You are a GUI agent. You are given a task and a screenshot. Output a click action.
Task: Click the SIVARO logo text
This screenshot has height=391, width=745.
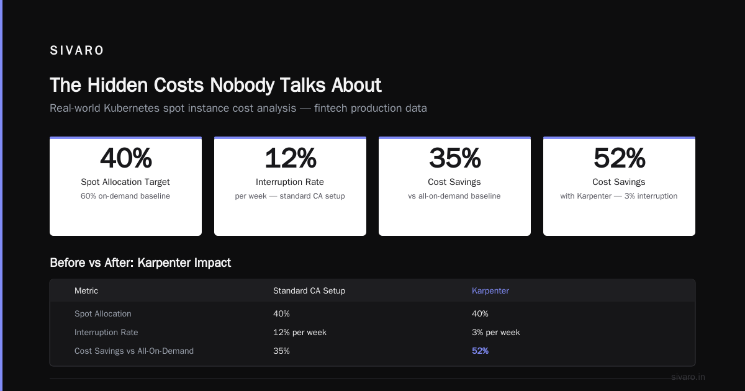pos(77,50)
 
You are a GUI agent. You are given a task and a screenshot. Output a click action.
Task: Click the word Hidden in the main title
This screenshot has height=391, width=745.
pos(118,85)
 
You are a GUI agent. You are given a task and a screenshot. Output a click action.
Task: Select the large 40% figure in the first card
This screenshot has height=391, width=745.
pos(126,158)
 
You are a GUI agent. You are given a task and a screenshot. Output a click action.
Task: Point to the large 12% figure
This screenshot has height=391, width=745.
pos(291,158)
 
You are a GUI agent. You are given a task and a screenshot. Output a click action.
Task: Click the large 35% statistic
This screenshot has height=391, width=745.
pos(454,158)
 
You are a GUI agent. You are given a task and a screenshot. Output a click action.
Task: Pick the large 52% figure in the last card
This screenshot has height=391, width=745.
pos(620,158)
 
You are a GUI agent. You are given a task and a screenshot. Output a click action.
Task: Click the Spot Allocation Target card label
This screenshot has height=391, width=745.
pos(125,182)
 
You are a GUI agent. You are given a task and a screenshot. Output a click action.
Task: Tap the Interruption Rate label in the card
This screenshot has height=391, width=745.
pos(290,182)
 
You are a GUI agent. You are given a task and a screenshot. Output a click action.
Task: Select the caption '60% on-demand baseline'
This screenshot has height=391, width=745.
pos(125,196)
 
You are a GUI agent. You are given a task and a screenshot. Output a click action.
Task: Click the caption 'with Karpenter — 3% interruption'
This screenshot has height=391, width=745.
pos(618,196)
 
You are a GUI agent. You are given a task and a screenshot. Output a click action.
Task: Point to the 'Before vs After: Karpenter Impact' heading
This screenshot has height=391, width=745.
pos(140,263)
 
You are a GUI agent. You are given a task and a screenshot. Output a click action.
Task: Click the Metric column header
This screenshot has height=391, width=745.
pos(86,290)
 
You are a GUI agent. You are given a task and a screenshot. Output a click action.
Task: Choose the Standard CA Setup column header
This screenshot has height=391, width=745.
pos(309,290)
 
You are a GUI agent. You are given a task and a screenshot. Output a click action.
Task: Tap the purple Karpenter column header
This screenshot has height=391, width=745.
pos(490,290)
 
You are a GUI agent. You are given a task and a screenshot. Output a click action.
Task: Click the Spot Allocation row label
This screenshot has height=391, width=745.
pos(103,313)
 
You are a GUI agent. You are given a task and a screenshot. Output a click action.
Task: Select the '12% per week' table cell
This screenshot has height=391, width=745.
pos(300,332)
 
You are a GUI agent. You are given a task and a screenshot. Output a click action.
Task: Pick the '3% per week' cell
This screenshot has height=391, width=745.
pos(495,332)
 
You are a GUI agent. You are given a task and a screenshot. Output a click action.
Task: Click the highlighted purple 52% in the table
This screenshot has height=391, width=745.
pos(481,351)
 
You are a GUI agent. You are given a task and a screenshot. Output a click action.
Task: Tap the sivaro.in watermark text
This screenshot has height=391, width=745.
pos(688,377)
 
